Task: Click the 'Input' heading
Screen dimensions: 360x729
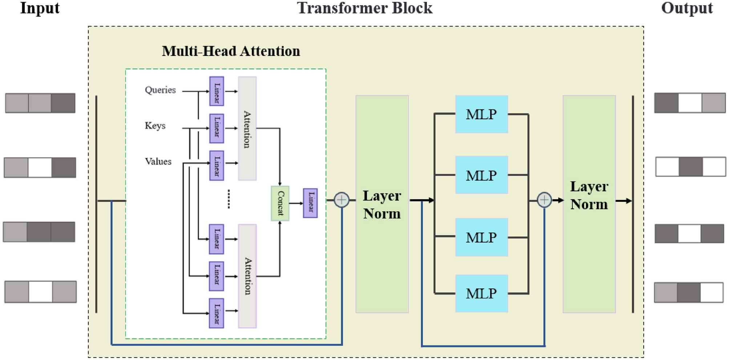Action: click(40, 8)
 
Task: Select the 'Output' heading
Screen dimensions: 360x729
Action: click(686, 8)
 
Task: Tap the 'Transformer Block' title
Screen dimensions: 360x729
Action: click(364, 8)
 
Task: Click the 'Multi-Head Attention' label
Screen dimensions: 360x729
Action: click(231, 51)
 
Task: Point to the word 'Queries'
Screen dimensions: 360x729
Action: click(160, 90)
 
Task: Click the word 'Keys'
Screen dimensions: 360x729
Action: click(155, 126)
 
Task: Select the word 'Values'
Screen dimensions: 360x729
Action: click(158, 161)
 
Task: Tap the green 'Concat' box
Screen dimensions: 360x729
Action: click(280, 203)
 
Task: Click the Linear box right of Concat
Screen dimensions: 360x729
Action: click(310, 203)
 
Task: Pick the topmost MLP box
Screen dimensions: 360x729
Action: click(481, 114)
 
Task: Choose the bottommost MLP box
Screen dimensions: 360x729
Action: click(481, 293)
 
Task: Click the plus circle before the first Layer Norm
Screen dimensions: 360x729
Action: click(342, 200)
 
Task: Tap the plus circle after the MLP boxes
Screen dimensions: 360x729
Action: click(544, 200)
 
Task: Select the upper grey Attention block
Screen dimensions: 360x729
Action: click(247, 128)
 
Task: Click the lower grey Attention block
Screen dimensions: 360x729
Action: click(247, 276)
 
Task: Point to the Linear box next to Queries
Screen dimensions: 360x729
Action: click(217, 91)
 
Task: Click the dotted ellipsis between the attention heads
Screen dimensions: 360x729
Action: click(229, 199)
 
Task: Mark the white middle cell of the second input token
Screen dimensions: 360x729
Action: click(40, 167)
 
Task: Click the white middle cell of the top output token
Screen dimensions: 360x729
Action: click(689, 103)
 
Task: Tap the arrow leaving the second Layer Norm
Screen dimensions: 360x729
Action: click(624, 201)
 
